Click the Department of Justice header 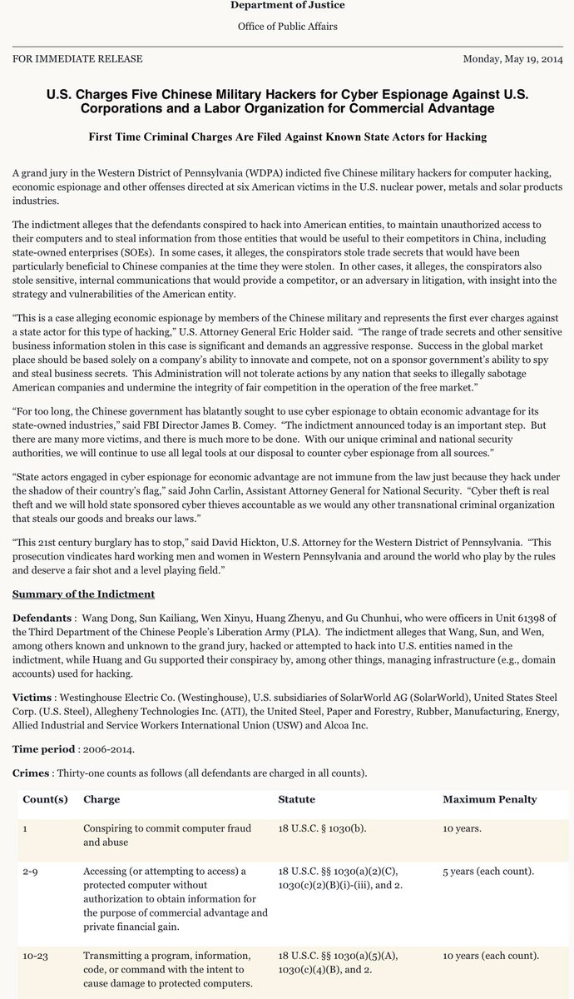click(286, 6)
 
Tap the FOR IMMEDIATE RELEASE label click(77, 59)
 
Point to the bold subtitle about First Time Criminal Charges click(287, 137)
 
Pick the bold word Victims click(33, 695)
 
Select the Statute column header click(296, 800)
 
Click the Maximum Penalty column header click(489, 800)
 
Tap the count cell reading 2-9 click(31, 871)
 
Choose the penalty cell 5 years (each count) click(488, 871)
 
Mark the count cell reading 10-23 click(35, 955)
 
